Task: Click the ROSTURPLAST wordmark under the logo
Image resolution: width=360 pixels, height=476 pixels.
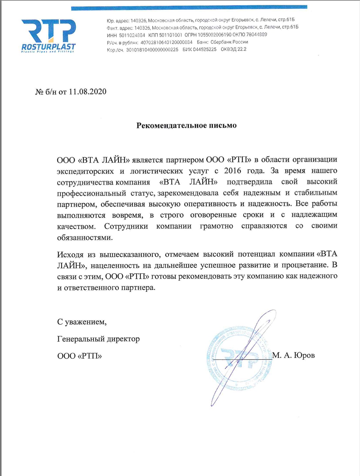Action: click(x=48, y=47)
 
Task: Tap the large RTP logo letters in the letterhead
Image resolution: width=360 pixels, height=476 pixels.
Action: click(x=48, y=30)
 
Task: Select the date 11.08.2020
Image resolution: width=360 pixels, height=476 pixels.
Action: click(x=87, y=92)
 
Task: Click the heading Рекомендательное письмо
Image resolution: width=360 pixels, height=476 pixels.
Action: click(x=187, y=125)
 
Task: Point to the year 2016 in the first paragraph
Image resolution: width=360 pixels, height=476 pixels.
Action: click(x=233, y=170)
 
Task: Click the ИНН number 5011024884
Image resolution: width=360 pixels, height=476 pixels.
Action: click(x=132, y=35)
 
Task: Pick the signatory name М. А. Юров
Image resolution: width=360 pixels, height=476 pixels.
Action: click(x=294, y=355)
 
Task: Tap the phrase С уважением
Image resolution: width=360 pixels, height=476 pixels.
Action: click(x=82, y=322)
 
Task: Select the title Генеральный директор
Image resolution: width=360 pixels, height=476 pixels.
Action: click(x=99, y=339)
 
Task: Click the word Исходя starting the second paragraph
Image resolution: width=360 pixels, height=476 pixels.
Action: click(x=70, y=254)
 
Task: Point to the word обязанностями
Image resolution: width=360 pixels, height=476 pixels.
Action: click(x=85, y=237)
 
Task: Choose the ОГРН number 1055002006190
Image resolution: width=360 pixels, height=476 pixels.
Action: click(x=215, y=35)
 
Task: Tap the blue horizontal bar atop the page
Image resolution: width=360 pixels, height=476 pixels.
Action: click(x=189, y=8)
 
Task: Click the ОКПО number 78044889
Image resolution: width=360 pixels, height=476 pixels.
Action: click(x=257, y=34)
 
